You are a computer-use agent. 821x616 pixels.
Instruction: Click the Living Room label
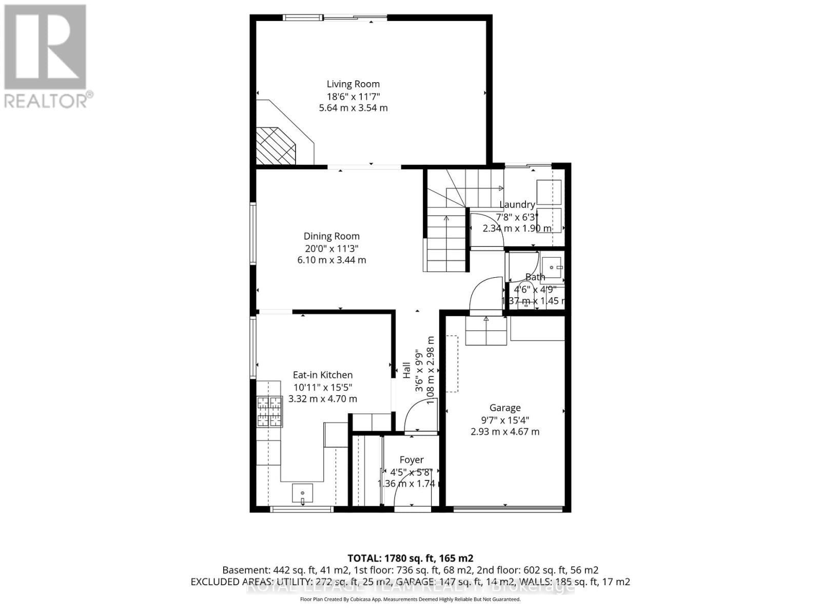(x=353, y=84)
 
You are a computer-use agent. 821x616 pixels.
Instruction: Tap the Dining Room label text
(x=331, y=236)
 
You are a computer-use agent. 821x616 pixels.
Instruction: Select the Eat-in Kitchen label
(x=322, y=375)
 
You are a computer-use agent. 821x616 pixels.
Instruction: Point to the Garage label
(x=505, y=408)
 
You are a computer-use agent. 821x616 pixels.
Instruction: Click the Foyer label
(x=411, y=460)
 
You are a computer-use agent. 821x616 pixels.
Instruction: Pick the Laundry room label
(x=517, y=204)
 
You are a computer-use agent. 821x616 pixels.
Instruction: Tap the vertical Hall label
(x=406, y=370)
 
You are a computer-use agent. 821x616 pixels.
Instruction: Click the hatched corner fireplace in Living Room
(x=276, y=146)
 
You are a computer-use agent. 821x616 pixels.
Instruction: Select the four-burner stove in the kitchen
(x=269, y=412)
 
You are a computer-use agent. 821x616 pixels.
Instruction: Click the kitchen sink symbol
(x=302, y=493)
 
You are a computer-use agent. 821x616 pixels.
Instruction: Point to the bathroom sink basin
(x=552, y=267)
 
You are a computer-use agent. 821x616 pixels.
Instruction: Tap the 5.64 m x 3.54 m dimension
(x=353, y=108)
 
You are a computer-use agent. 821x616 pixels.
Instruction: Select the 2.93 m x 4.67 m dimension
(x=505, y=432)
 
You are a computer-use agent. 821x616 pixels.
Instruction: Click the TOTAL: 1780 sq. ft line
(x=410, y=558)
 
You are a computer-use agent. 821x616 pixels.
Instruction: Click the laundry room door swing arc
(x=485, y=228)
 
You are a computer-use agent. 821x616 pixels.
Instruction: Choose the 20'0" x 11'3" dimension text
(x=331, y=248)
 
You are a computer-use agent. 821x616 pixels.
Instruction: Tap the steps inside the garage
(x=485, y=332)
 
